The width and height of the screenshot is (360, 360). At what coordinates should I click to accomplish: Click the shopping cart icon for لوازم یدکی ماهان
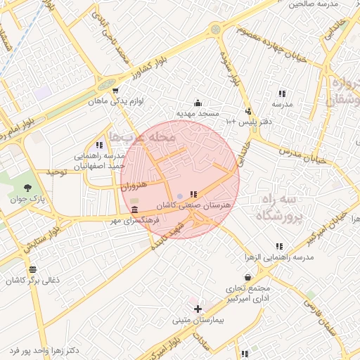115,90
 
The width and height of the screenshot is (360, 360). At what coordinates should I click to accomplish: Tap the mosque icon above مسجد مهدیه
198,102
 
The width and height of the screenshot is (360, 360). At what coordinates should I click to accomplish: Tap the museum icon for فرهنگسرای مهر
134,210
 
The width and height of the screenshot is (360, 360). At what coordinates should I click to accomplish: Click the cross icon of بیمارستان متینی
198,309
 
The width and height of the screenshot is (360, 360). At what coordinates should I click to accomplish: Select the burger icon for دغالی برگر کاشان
32,269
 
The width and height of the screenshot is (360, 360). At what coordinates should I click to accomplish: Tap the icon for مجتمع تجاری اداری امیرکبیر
247,278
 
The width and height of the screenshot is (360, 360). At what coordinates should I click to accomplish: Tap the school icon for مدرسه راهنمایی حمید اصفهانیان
99,145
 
